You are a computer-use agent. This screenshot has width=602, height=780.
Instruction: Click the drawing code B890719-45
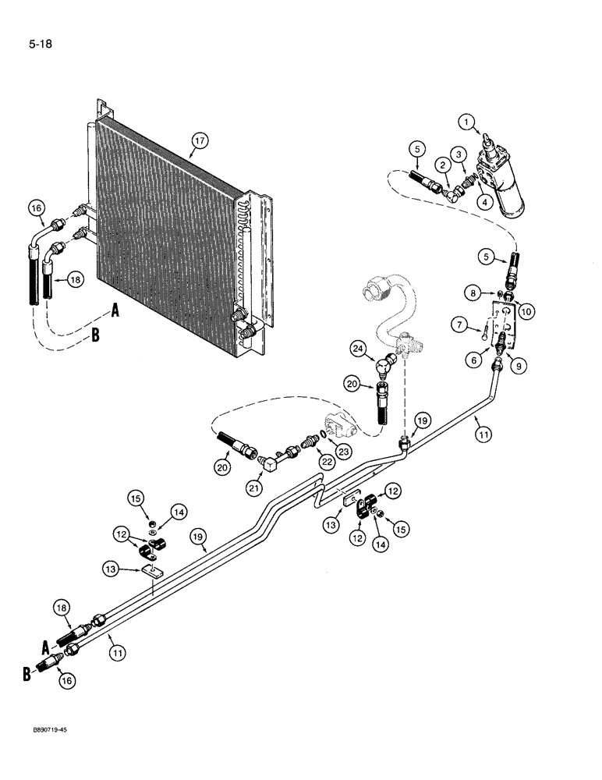[37, 748]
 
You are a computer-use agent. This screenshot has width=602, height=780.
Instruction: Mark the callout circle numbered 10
[526, 311]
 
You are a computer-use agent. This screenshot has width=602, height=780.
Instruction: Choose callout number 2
[442, 164]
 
